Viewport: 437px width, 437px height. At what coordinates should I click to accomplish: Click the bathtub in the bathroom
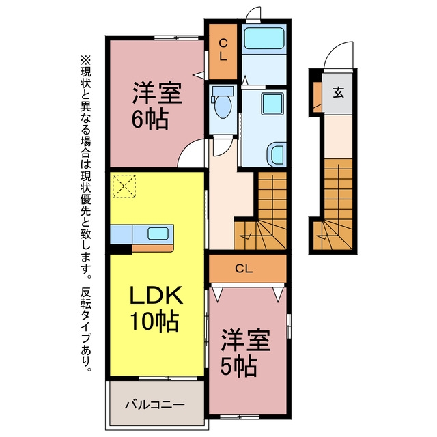pos(264,38)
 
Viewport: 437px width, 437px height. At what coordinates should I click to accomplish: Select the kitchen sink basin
pos(158,234)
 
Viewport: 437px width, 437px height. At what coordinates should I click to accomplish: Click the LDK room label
pos(156,295)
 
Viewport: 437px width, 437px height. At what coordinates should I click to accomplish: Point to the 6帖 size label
pos(150,120)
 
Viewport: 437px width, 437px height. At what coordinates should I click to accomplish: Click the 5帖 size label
pos(238,367)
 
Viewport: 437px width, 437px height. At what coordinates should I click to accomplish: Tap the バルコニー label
pos(154,404)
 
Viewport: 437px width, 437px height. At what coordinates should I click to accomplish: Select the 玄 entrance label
pos(339,93)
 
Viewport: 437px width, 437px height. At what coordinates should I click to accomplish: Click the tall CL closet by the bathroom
pos(223,51)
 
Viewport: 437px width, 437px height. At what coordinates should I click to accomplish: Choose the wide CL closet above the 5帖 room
pos(248,268)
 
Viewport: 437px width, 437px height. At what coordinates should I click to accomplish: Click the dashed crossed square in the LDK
pos(124,186)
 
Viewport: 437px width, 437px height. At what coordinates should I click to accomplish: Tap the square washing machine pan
pos(272,104)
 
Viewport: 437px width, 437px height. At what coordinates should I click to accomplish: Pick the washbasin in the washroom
pos(277,155)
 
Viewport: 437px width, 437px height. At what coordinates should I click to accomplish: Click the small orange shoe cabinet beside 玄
pos(318,97)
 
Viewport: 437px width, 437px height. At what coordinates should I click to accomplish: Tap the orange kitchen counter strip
pos(152,248)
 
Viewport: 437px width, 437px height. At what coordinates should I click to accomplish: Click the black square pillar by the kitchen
pos(120,249)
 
